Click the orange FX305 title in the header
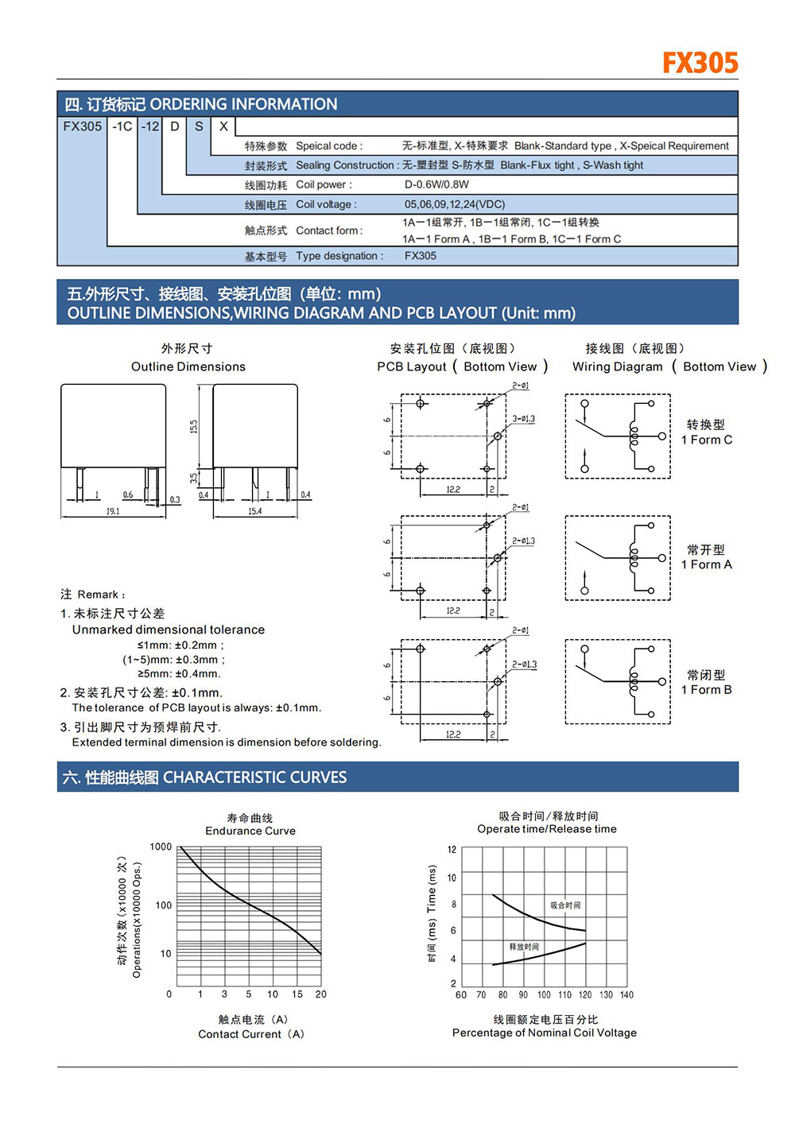pos(700,63)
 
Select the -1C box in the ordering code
pos(122,126)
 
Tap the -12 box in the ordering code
pos(150,126)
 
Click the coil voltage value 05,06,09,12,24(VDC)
pos(454,204)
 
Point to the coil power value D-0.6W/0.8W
pos(436,184)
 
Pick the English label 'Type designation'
pos(339,256)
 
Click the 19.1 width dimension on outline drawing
pos(113,511)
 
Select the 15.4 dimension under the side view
pos(254,511)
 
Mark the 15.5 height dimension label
pos(193,426)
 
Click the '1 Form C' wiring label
pos(706,440)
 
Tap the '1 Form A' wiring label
pos(706,564)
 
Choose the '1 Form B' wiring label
pos(706,689)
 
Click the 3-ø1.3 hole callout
pos(523,419)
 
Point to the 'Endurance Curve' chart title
pos(250,831)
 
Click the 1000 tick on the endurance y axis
pos(161,847)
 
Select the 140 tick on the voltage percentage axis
pos(626,994)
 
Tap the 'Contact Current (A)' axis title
pos(251,1034)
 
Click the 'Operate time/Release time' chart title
pos(547,829)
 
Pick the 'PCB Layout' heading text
pos(412,366)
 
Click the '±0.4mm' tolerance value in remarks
pos(198,674)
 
